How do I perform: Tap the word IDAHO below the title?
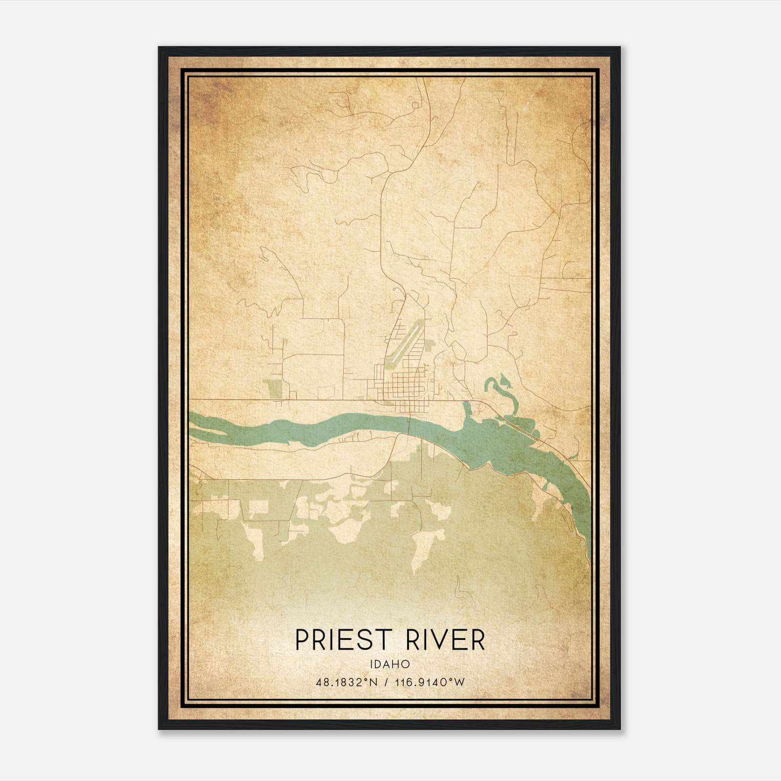(x=390, y=664)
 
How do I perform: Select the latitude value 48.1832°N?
(x=347, y=682)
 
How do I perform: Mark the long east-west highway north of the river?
(x=293, y=400)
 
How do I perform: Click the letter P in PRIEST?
(x=303, y=640)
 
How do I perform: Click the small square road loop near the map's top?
(x=415, y=104)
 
